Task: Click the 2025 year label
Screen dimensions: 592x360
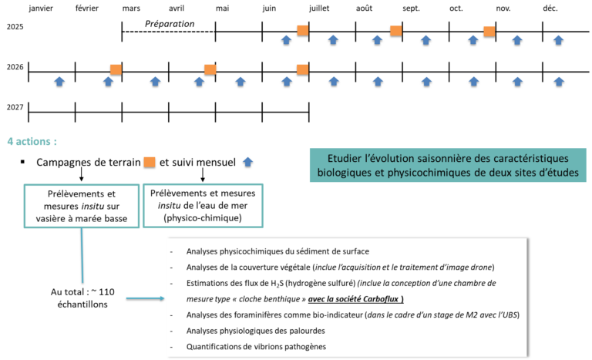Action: coord(15,27)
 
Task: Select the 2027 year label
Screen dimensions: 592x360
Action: coord(15,107)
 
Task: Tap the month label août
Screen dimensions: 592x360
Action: coord(364,8)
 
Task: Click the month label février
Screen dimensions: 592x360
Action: coord(87,8)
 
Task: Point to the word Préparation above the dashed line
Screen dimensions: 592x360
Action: coord(170,24)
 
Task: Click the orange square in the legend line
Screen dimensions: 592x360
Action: coord(150,162)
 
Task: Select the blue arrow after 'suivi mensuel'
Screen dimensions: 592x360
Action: coord(247,162)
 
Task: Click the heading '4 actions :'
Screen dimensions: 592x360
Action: coord(32,141)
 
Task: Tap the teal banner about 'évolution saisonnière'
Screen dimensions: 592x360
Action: coord(448,165)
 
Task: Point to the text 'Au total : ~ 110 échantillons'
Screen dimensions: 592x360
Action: coord(82,298)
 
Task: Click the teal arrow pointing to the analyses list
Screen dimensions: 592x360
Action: coord(145,298)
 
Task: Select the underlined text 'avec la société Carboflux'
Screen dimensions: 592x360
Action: coord(355,299)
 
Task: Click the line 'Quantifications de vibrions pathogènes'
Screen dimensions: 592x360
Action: coord(256,347)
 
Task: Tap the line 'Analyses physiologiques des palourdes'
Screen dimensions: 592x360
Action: coord(256,331)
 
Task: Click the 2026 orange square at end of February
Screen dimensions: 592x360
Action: coord(116,69)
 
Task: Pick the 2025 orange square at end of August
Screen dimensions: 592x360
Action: coord(396,31)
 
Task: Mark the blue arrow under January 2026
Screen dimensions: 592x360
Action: coord(59,81)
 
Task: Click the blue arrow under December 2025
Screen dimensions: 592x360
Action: coord(558,40)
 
